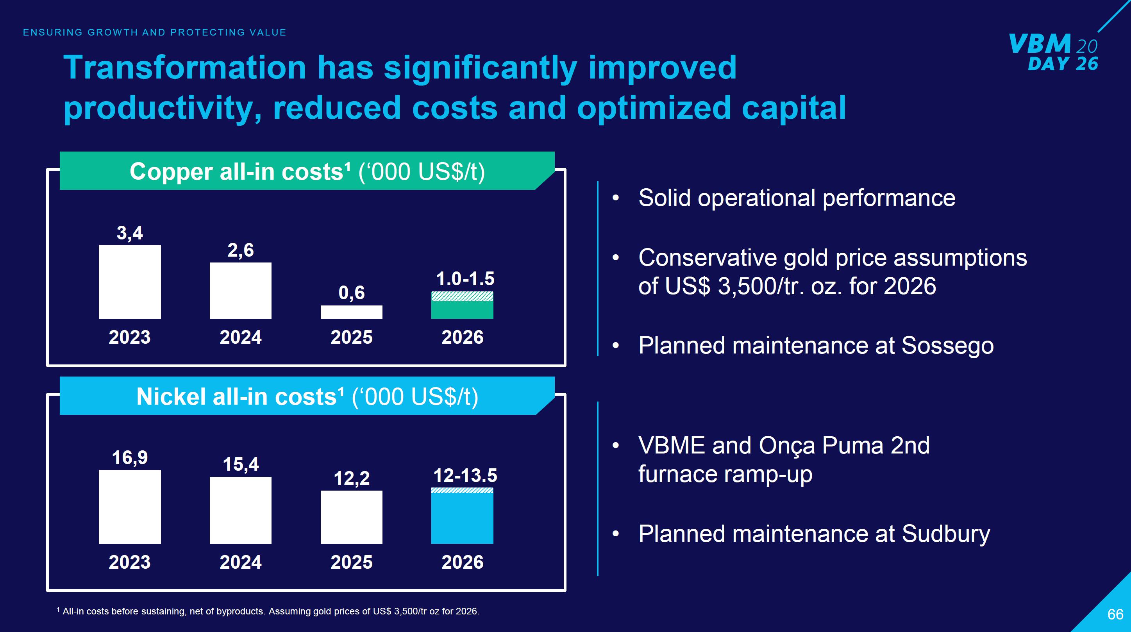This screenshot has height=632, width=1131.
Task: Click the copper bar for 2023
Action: coord(130,282)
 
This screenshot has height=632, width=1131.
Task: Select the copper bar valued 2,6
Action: coord(240,291)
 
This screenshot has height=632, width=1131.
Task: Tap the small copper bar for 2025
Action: coord(351,312)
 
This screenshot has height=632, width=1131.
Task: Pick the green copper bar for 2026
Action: coord(462,309)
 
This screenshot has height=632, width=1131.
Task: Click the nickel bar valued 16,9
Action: coord(130,507)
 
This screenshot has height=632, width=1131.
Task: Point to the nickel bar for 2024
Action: coord(240,510)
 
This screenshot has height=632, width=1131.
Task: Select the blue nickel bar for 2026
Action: coord(462,518)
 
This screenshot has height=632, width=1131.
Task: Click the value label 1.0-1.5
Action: coord(465,279)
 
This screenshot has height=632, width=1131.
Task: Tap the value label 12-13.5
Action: coord(465,475)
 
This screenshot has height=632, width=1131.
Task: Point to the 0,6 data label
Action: coord(351,293)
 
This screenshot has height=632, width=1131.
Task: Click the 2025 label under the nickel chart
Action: coord(351,562)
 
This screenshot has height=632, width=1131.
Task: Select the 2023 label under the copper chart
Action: coord(130,337)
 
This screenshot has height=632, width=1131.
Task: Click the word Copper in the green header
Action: coord(171,171)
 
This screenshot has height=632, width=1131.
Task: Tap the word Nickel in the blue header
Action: coord(170,397)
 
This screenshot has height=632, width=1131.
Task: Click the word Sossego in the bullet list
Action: coord(947,345)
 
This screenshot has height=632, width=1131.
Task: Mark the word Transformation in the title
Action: coord(184,68)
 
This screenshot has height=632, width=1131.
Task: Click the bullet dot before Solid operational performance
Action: coord(616,198)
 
